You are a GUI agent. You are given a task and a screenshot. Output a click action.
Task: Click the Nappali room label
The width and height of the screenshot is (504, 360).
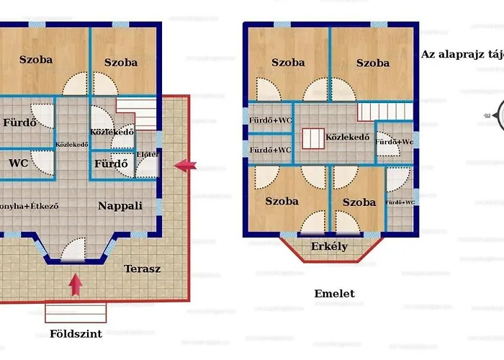click(x=120, y=206)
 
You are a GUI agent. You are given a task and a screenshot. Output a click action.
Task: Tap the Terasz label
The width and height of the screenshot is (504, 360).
click(x=142, y=269)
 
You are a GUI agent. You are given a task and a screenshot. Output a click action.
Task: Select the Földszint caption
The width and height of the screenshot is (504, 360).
click(x=76, y=334)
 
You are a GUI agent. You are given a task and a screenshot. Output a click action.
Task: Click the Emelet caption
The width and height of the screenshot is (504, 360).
click(x=334, y=294)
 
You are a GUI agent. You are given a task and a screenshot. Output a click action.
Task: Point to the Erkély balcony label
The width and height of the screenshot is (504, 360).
click(x=329, y=247)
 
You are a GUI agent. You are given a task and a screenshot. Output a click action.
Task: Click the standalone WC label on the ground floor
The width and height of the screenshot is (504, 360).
click(x=19, y=163)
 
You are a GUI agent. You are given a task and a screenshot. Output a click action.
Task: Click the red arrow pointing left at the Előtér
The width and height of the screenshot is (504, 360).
click(x=185, y=166)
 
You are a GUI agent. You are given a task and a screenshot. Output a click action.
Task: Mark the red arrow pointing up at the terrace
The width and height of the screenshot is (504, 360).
click(x=75, y=284)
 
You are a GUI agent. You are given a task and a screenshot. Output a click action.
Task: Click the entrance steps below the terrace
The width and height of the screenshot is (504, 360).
click(x=76, y=312)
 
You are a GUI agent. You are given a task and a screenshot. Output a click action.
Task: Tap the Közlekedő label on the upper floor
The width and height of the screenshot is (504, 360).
click(x=347, y=137)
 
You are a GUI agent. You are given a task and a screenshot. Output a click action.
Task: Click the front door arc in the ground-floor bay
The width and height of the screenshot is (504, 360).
click(x=75, y=251)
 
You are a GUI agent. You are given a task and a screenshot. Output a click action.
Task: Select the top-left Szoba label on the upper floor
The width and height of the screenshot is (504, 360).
click(x=287, y=63)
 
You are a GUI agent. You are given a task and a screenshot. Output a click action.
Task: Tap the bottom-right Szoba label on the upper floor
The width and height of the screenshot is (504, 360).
click(x=359, y=202)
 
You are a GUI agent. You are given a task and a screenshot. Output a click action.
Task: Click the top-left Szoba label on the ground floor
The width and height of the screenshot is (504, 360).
click(x=36, y=60)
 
